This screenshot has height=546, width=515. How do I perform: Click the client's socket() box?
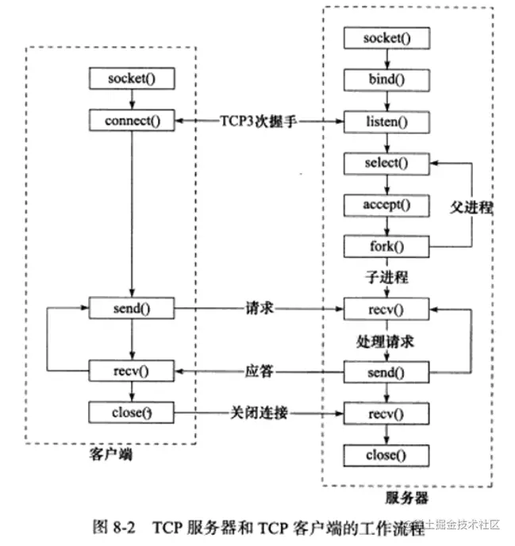[x=131, y=79]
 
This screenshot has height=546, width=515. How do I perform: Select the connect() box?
[x=131, y=121]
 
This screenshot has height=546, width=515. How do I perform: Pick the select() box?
[x=386, y=163]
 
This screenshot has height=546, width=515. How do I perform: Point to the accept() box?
[x=386, y=205]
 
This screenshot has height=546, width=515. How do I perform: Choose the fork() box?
[x=386, y=246]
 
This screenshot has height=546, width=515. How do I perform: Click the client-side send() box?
[x=131, y=308]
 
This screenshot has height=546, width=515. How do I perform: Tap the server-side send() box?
[x=386, y=371]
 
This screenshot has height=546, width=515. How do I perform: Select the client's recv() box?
[x=131, y=371]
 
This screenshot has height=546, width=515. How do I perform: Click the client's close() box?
[x=131, y=413]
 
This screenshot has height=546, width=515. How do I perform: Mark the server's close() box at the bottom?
[x=386, y=456]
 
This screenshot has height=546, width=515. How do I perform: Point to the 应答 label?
[x=258, y=371]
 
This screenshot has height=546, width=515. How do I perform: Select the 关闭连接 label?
[x=258, y=413]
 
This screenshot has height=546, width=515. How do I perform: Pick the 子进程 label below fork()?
[x=386, y=276]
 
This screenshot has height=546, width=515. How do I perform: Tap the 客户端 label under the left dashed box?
[x=110, y=458]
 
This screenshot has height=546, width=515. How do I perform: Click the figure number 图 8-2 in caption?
[x=116, y=525]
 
